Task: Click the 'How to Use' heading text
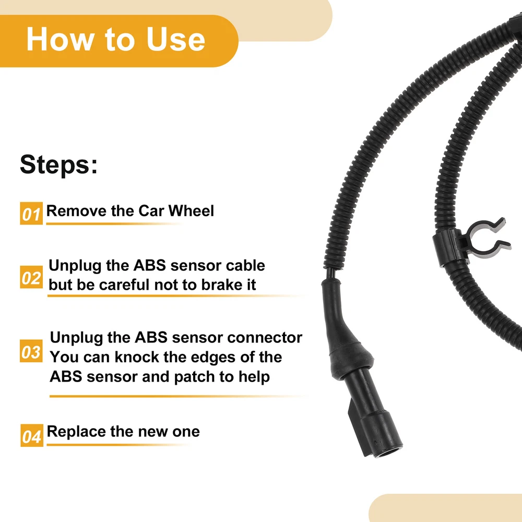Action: [115, 39]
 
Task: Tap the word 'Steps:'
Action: [59, 164]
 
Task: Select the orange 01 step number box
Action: [31, 213]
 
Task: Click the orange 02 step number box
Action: [31, 277]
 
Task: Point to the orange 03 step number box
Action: [31, 351]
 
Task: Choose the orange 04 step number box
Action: [32, 435]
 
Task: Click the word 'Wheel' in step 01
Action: [191, 211]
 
